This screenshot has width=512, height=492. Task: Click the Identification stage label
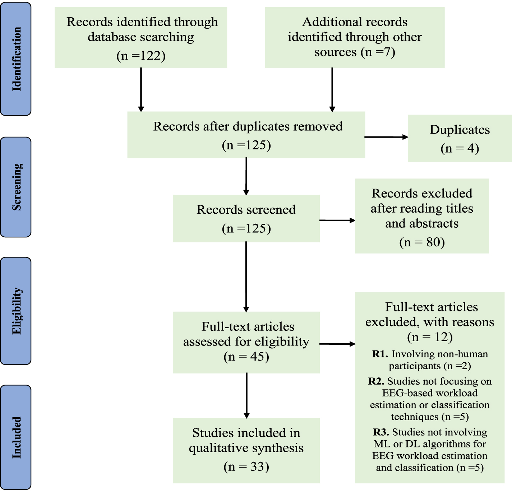click(16, 59)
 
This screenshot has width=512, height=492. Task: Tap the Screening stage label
click(16, 187)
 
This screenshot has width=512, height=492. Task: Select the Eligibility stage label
click(16, 311)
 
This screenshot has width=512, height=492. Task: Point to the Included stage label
click(16, 437)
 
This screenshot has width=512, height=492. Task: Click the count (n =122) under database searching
click(141, 56)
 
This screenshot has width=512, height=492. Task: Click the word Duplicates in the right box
click(460, 130)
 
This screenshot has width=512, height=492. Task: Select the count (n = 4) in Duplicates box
click(460, 148)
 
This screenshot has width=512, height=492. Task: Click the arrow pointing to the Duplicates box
click(386, 137)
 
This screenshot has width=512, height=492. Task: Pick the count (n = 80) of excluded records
click(422, 242)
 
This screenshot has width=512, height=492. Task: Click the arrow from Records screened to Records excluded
click(337, 220)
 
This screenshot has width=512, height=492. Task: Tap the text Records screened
click(246, 210)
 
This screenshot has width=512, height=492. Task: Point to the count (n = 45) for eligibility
click(246, 357)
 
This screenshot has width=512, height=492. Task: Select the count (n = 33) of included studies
click(246, 467)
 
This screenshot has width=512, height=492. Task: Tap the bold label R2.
click(376, 381)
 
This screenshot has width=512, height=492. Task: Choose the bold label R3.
click(381, 432)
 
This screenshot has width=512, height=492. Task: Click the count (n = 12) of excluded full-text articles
click(430, 337)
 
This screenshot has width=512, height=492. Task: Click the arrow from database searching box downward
click(141, 90)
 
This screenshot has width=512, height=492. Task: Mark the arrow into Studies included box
click(246, 395)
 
